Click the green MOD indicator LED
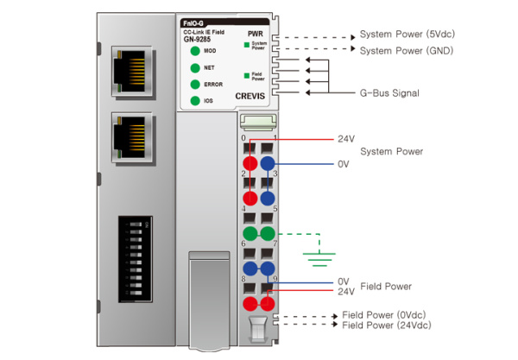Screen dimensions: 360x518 195,52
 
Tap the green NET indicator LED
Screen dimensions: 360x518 195,67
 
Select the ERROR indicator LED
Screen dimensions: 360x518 195,84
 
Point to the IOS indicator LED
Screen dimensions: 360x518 195,101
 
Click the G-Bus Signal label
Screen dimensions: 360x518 389,92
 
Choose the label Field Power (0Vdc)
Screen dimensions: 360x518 382,314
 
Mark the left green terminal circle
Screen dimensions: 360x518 250,234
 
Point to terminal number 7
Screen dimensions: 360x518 275,245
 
